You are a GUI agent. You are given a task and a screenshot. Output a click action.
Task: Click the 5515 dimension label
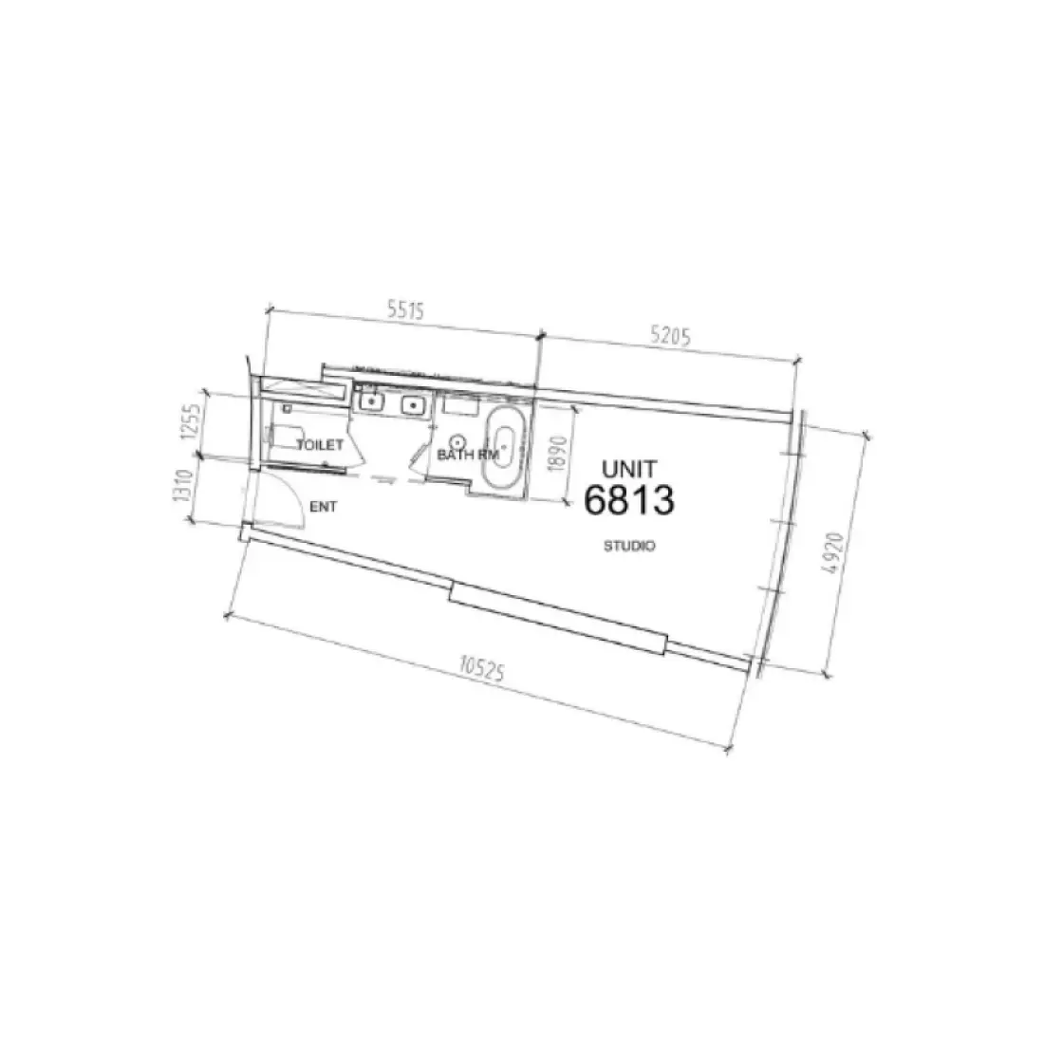[403, 309]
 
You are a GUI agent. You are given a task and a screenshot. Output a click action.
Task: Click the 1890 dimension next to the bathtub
[558, 453]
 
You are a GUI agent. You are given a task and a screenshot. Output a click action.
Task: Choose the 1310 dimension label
[185, 490]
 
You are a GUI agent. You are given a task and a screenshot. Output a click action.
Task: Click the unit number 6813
[629, 500]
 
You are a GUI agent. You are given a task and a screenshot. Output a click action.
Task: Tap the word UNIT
[629, 468]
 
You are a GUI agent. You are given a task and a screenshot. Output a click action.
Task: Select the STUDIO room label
[630, 547]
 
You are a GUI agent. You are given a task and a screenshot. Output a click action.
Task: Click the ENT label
[324, 508]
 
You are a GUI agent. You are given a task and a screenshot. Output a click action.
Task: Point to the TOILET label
[319, 444]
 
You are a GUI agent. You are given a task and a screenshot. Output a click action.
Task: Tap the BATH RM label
[468, 455]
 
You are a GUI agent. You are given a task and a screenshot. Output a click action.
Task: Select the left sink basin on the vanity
[371, 402]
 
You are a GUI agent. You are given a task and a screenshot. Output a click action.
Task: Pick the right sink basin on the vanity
[413, 406]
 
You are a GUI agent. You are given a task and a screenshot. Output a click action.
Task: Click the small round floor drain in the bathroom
[457, 440]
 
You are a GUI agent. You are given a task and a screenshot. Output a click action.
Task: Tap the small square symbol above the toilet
[285, 409]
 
